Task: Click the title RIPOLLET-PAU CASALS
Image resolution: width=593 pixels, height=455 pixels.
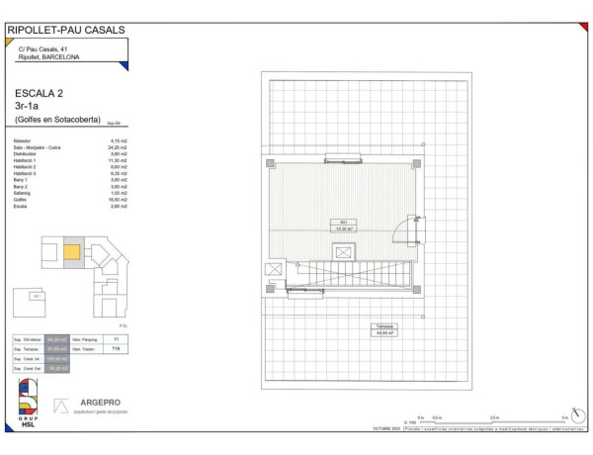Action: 66,30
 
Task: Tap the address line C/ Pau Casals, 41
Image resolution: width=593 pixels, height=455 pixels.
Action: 42,49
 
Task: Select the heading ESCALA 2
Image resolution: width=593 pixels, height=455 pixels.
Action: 40,93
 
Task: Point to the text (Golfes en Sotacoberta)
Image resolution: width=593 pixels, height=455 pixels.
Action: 57,120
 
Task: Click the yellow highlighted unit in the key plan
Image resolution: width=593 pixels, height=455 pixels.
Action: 72,252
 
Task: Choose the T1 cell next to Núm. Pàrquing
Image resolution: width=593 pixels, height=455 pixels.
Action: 116,339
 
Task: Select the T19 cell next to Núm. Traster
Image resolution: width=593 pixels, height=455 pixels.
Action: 116,349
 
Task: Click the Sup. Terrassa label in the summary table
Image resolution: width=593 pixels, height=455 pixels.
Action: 27,349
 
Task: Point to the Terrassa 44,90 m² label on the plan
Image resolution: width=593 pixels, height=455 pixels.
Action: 383,329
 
